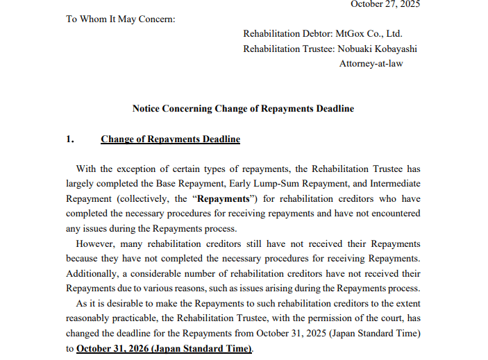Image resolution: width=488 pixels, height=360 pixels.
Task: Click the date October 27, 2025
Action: point(385,4)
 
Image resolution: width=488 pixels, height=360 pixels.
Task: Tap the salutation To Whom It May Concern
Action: point(121,19)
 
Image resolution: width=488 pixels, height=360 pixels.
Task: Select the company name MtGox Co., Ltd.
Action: point(369,33)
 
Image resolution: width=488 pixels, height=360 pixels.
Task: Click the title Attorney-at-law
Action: point(371,64)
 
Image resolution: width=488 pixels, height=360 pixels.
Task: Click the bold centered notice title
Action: point(243,109)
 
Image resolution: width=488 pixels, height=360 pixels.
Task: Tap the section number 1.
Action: point(69,139)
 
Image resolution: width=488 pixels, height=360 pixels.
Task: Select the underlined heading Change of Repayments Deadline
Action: point(170,139)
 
